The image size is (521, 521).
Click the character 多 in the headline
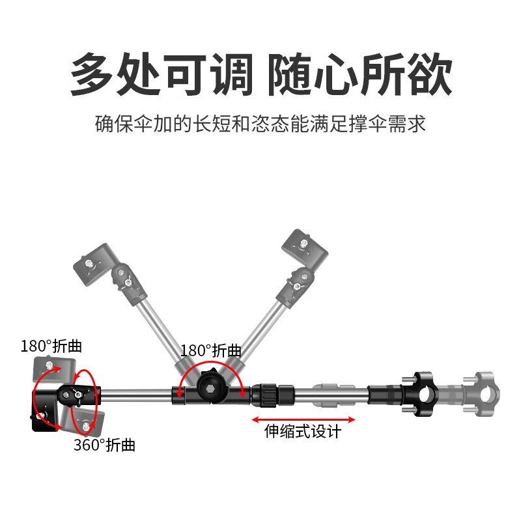(96, 74)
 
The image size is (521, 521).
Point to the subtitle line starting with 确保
(260, 124)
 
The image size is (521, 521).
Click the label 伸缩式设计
(302, 431)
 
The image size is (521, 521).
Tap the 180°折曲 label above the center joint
(211, 350)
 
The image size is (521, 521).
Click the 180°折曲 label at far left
(51, 345)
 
